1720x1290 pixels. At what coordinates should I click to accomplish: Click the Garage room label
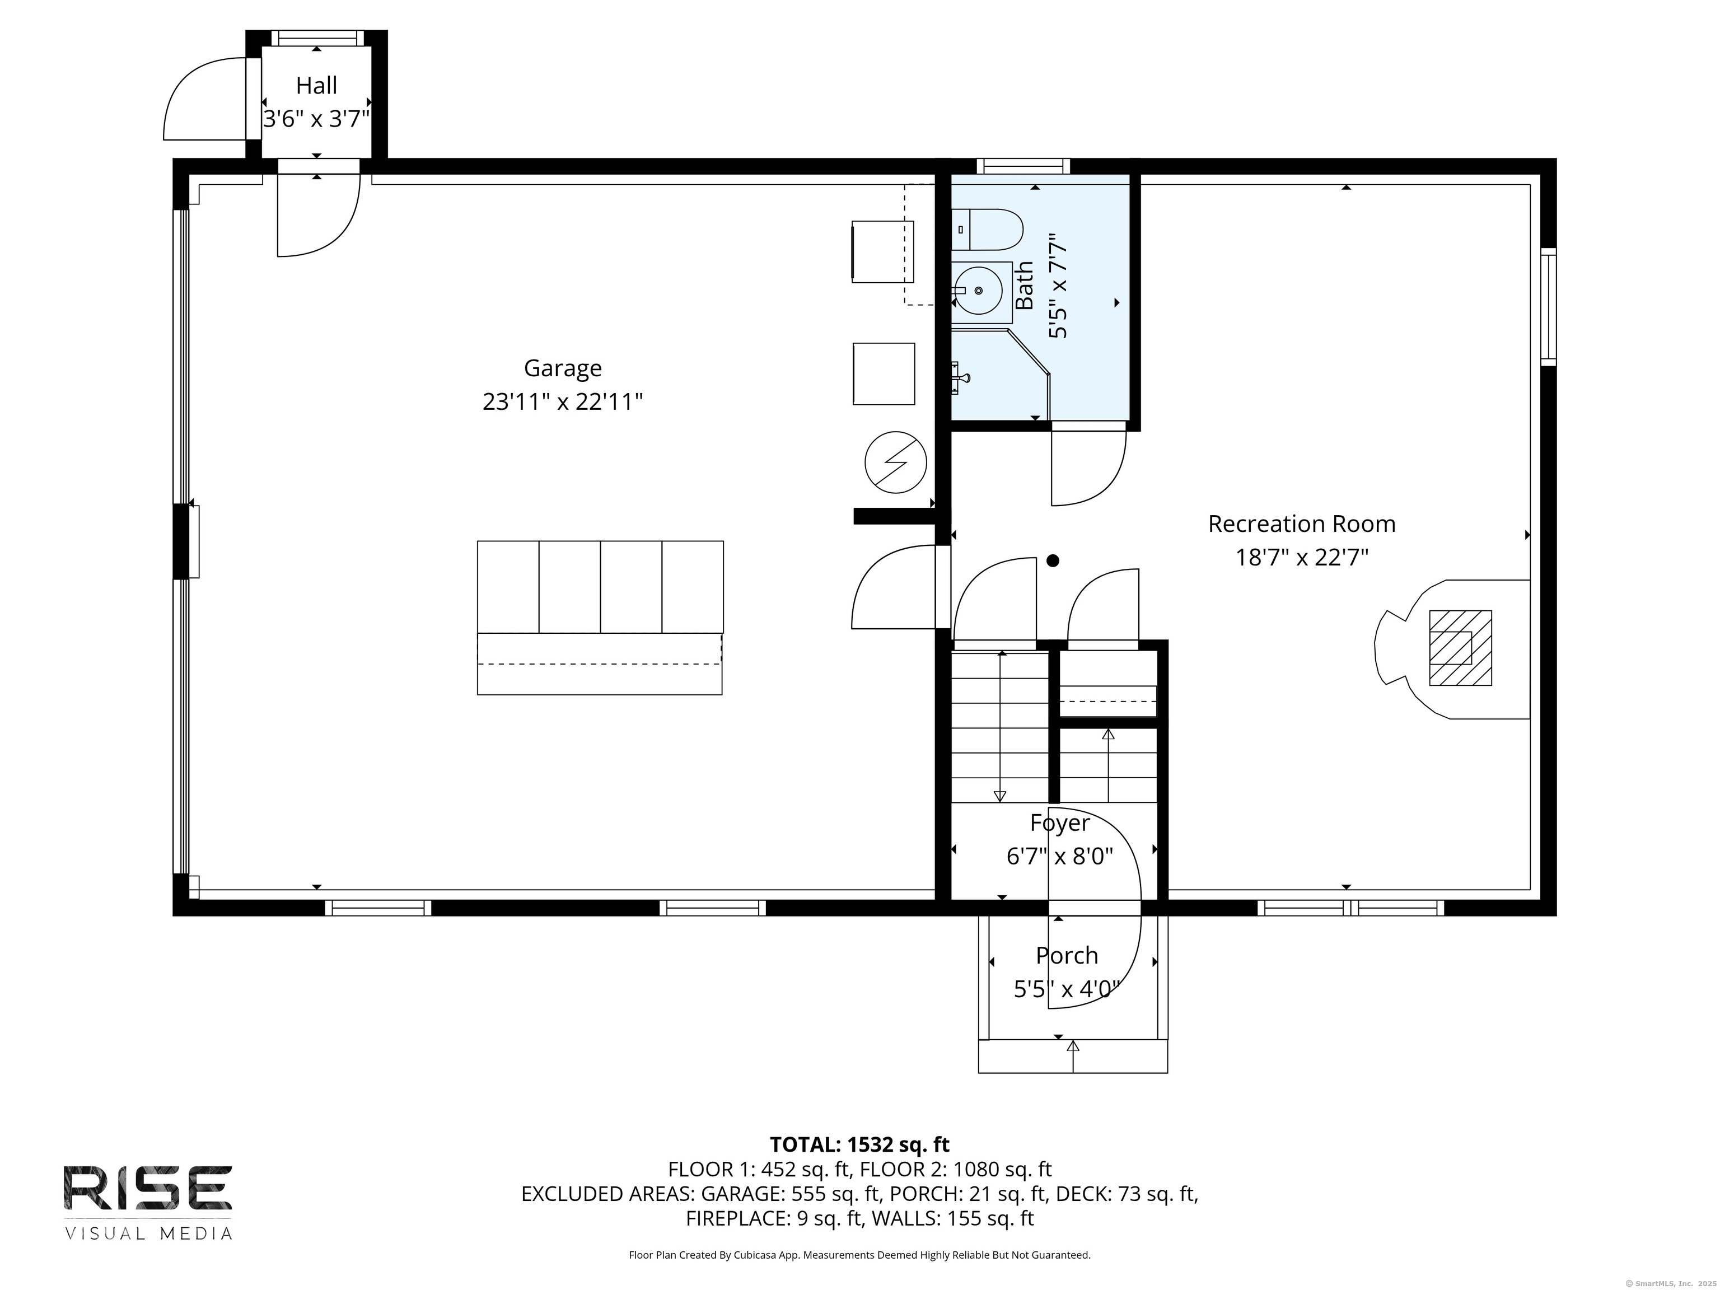pyautogui.click(x=562, y=368)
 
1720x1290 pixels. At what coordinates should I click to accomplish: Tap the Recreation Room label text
pyautogui.click(x=1302, y=524)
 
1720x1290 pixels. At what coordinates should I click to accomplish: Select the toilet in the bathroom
pyautogui.click(x=987, y=230)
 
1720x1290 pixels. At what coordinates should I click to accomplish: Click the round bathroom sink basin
pyautogui.click(x=978, y=291)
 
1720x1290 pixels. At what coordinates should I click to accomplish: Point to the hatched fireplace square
pyautogui.click(x=1460, y=648)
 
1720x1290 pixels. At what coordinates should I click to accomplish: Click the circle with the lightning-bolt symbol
pyautogui.click(x=896, y=462)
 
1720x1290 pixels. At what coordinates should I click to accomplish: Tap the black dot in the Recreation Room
pyautogui.click(x=1053, y=560)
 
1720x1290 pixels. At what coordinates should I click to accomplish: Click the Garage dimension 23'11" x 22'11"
pyautogui.click(x=562, y=402)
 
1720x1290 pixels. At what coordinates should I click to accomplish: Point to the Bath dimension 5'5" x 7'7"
pyautogui.click(x=1058, y=286)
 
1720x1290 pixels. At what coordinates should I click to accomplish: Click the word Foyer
pyautogui.click(x=1060, y=822)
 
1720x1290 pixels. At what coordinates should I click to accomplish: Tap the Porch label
pyautogui.click(x=1067, y=956)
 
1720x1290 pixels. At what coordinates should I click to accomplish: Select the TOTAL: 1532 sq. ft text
pyautogui.click(x=859, y=1144)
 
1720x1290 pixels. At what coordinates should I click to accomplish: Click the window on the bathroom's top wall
pyautogui.click(x=1023, y=166)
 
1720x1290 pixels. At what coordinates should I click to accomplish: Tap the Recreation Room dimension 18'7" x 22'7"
pyautogui.click(x=1302, y=558)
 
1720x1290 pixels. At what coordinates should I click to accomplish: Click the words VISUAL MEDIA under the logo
pyautogui.click(x=148, y=1234)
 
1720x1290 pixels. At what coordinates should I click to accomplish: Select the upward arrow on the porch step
pyautogui.click(x=1073, y=1056)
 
